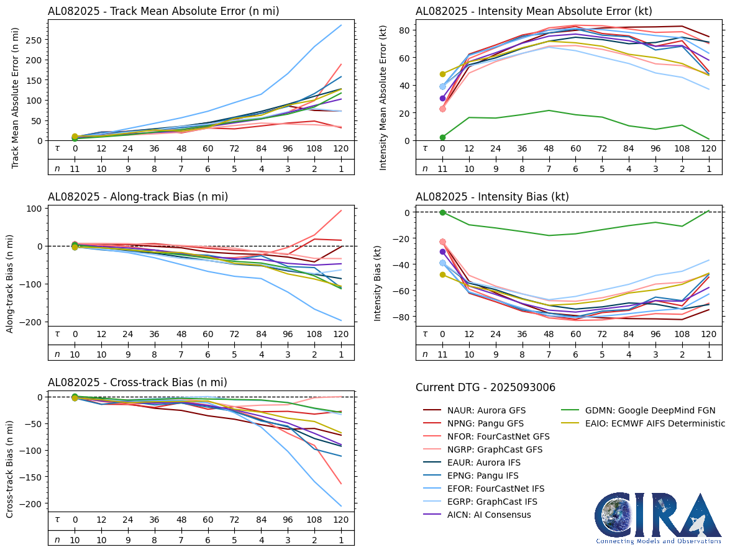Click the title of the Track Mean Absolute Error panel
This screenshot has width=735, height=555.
[x=163, y=11]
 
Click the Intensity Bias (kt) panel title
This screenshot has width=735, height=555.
[x=492, y=197]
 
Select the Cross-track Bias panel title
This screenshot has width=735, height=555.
[x=137, y=382]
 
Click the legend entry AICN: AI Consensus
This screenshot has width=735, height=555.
[x=489, y=515]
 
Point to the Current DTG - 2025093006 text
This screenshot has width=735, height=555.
[x=485, y=387]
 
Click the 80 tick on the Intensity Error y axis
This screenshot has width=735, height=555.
[x=404, y=30]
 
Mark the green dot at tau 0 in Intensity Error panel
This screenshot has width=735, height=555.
[x=442, y=137]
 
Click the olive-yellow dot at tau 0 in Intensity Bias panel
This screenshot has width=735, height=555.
[x=442, y=274]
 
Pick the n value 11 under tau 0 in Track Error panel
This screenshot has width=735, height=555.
[x=75, y=168]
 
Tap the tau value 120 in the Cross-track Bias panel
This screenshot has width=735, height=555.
[x=341, y=520]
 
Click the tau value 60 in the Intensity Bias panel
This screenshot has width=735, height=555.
[x=575, y=334]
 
